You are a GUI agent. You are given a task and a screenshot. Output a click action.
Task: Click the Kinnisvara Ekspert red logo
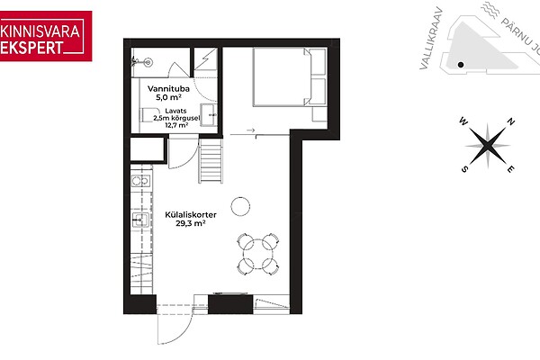(46, 36)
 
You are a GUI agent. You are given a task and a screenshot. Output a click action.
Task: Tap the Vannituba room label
(168, 89)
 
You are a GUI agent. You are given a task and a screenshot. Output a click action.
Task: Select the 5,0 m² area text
(168, 97)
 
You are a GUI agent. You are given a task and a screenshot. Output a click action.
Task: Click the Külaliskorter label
(191, 215)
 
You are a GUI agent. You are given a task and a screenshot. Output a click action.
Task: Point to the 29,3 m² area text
(191, 223)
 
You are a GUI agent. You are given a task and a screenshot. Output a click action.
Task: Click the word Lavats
(175, 111)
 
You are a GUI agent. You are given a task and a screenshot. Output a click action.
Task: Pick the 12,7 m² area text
(176, 125)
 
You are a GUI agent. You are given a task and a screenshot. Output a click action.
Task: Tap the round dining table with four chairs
(258, 254)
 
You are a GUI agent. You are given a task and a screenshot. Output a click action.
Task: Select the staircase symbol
(211, 160)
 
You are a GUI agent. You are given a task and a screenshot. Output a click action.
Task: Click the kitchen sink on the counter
(140, 220)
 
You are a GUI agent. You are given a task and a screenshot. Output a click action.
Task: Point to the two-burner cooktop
(140, 181)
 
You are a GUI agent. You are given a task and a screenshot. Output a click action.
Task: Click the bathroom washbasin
(209, 114)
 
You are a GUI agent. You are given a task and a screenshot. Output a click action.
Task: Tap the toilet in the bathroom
(150, 114)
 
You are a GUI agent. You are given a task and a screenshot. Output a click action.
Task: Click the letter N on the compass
(511, 121)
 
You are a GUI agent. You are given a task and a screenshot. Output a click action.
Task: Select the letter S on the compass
(464, 169)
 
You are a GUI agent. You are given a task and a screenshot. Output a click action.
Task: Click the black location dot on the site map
(461, 65)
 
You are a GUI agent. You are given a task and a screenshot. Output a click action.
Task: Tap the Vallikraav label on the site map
(430, 38)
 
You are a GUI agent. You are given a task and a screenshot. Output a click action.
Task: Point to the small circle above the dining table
(240, 206)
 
